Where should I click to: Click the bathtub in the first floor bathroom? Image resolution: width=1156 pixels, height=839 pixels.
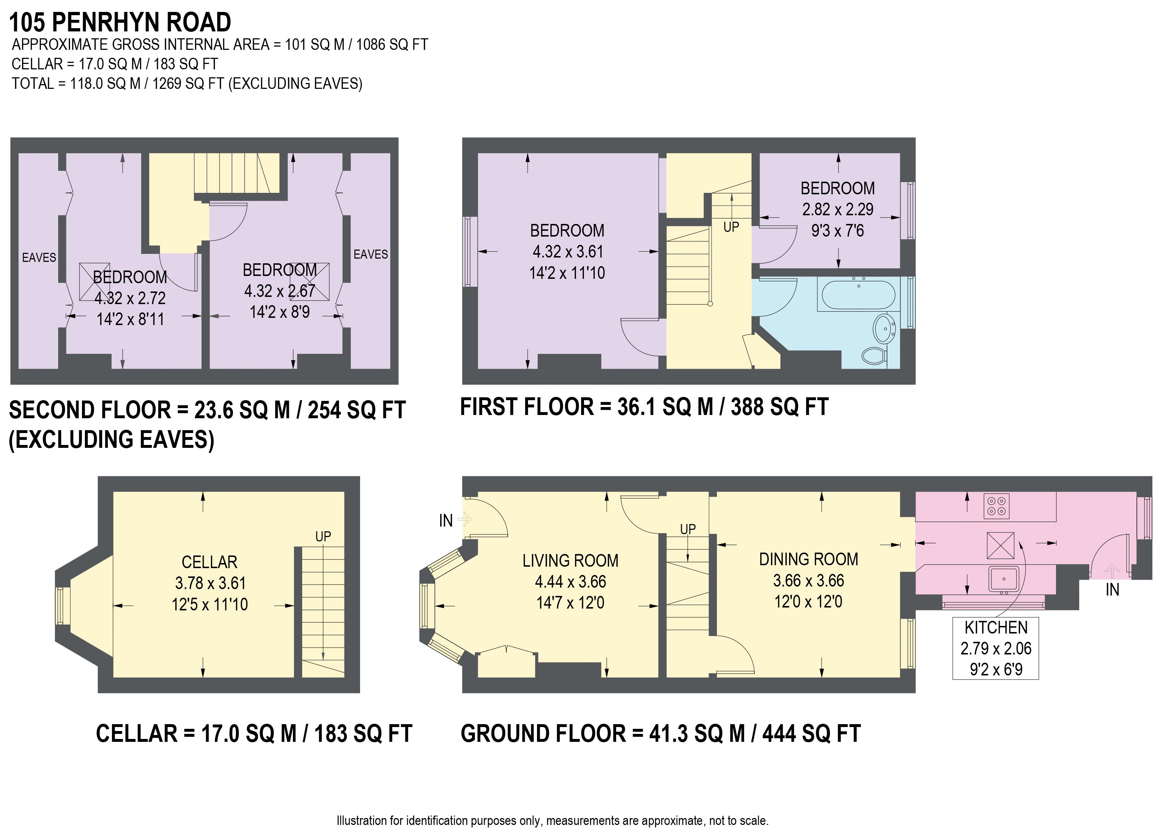(858, 295)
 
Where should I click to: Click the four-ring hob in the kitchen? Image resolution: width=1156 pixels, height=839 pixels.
(996, 506)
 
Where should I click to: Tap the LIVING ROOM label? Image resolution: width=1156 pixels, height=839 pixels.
(570, 561)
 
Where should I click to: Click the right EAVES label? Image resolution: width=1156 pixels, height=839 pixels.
(371, 254)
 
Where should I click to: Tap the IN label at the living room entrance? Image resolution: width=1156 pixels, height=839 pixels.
(446, 520)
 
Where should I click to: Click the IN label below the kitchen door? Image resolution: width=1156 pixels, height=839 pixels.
(1112, 590)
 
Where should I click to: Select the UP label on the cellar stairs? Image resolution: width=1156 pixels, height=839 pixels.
(323, 536)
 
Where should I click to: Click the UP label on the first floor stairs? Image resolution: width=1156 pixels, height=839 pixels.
(731, 227)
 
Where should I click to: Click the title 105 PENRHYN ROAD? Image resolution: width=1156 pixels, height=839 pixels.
(120, 22)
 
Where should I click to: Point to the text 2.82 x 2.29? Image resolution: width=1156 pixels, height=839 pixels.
(837, 209)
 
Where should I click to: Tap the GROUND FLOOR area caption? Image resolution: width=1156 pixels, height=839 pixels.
(661, 734)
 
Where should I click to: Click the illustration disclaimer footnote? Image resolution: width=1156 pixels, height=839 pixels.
(553, 821)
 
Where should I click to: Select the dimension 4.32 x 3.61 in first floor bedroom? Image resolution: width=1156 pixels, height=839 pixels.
(568, 252)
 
